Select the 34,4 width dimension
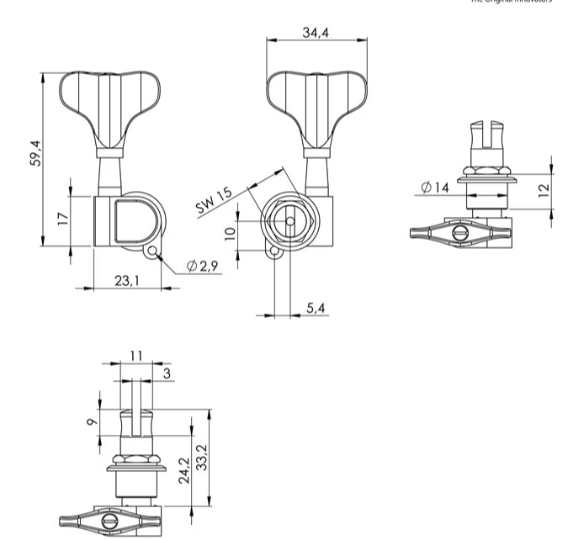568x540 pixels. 316,32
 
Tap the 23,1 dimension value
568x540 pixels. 127,280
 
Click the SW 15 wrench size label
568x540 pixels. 214,203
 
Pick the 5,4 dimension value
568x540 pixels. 316,309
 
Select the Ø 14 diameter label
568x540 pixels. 435,187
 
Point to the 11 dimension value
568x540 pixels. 135,356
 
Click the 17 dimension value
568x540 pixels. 62,219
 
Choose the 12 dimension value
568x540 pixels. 544,190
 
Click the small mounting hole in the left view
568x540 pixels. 152,251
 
